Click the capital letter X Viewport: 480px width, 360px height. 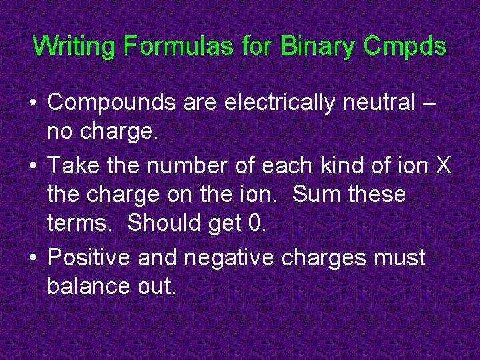pyautogui.click(x=443, y=164)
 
